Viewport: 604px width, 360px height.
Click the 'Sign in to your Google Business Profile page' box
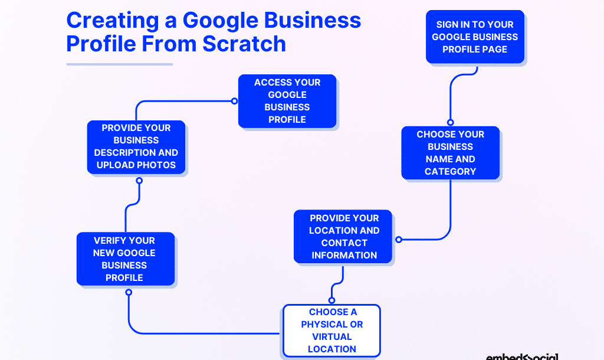(x=475, y=37)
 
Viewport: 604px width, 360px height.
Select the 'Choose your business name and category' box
(x=451, y=153)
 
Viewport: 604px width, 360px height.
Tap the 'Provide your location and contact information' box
(x=344, y=236)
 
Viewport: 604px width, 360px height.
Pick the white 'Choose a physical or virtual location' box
(x=331, y=330)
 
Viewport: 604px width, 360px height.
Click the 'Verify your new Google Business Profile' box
(x=125, y=258)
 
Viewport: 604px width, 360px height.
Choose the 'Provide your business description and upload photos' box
(x=136, y=147)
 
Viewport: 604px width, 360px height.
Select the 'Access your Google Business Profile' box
(x=287, y=101)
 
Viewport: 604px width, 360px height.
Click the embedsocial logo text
(x=523, y=356)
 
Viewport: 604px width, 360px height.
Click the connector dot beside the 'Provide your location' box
(x=399, y=240)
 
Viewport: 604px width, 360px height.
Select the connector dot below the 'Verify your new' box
(x=129, y=292)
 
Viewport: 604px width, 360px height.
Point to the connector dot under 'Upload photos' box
(x=139, y=181)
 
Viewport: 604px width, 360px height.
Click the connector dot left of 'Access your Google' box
(x=234, y=101)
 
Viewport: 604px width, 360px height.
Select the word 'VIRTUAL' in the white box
(x=332, y=336)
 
